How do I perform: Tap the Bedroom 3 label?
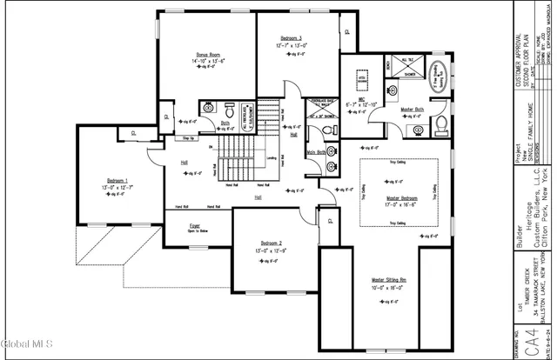[x=290, y=39]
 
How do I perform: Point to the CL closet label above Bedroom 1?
[x=133, y=133]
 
